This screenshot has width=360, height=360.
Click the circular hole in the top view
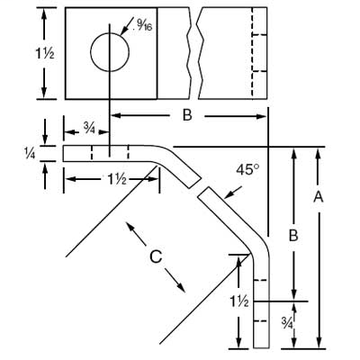tap(110, 52)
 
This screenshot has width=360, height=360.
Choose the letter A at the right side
tap(317, 195)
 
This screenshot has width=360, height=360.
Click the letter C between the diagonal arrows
tap(155, 257)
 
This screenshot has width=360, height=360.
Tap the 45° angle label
tap(245, 168)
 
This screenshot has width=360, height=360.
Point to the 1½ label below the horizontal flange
tap(114, 180)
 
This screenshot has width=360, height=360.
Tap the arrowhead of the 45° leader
tap(210, 195)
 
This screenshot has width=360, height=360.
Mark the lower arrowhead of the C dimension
tap(184, 289)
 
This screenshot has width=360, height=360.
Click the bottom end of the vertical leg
tap(261, 346)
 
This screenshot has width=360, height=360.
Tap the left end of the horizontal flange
tap(64, 154)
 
